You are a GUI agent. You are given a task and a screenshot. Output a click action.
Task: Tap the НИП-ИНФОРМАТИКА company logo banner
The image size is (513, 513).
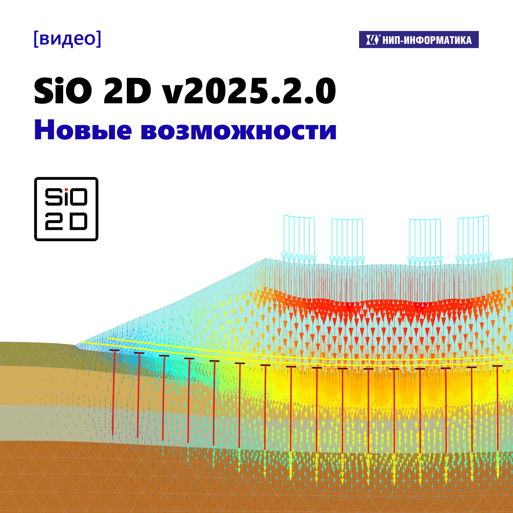[419, 40]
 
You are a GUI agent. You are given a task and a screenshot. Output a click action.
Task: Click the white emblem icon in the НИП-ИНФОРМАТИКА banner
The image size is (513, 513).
[372, 40]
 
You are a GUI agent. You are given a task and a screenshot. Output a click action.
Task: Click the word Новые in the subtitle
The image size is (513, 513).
[83, 130]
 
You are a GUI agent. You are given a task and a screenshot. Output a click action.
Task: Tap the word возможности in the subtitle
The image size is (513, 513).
[238, 130]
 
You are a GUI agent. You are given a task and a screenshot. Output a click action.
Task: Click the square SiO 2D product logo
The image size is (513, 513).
[66, 209]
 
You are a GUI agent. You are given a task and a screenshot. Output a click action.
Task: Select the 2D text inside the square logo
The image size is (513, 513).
[66, 222]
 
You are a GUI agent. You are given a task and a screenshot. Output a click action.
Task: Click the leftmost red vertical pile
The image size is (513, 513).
[114, 392]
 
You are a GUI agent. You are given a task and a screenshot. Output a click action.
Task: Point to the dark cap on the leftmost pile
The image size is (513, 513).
[114, 351]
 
